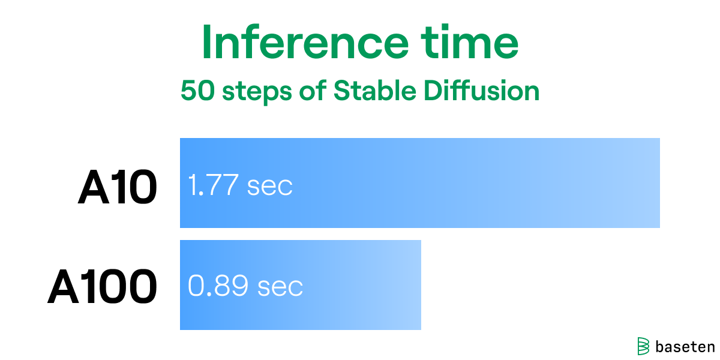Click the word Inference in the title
304,43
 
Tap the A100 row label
103,287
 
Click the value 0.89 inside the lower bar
218,287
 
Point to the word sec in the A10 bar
269,186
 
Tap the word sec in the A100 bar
280,287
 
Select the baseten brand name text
685,346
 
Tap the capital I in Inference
208,43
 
